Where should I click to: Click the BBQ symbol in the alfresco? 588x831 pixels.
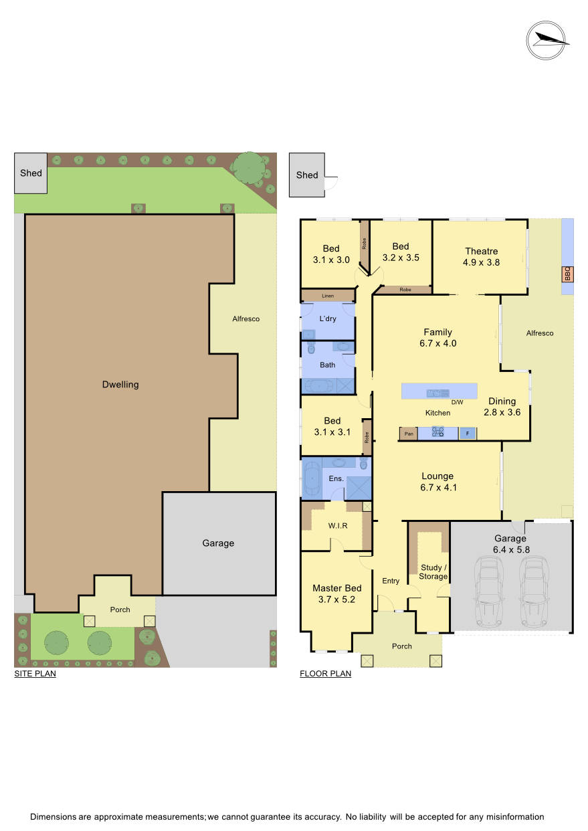(567, 274)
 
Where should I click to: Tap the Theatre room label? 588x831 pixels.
(482, 252)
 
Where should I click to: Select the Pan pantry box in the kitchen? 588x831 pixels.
(408, 434)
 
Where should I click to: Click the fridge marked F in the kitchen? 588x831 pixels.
(468, 434)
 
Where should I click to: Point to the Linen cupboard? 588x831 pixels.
(327, 296)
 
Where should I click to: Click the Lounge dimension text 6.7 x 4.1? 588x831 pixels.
(437, 488)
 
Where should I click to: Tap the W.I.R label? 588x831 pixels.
(338, 525)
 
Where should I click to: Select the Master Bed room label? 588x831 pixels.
(337, 588)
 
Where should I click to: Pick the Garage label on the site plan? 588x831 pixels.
(218, 543)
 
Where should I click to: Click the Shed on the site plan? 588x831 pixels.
(31, 173)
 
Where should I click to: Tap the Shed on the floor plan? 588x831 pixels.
(307, 175)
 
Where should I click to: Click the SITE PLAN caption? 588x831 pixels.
(35, 674)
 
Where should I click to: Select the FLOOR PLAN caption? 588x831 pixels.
(325, 674)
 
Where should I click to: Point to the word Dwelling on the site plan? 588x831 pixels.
(120, 385)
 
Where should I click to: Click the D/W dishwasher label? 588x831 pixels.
(457, 402)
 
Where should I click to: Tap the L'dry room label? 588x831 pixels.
(328, 318)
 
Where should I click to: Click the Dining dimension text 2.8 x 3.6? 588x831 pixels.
(502, 412)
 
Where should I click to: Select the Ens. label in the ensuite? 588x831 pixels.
(336, 478)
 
